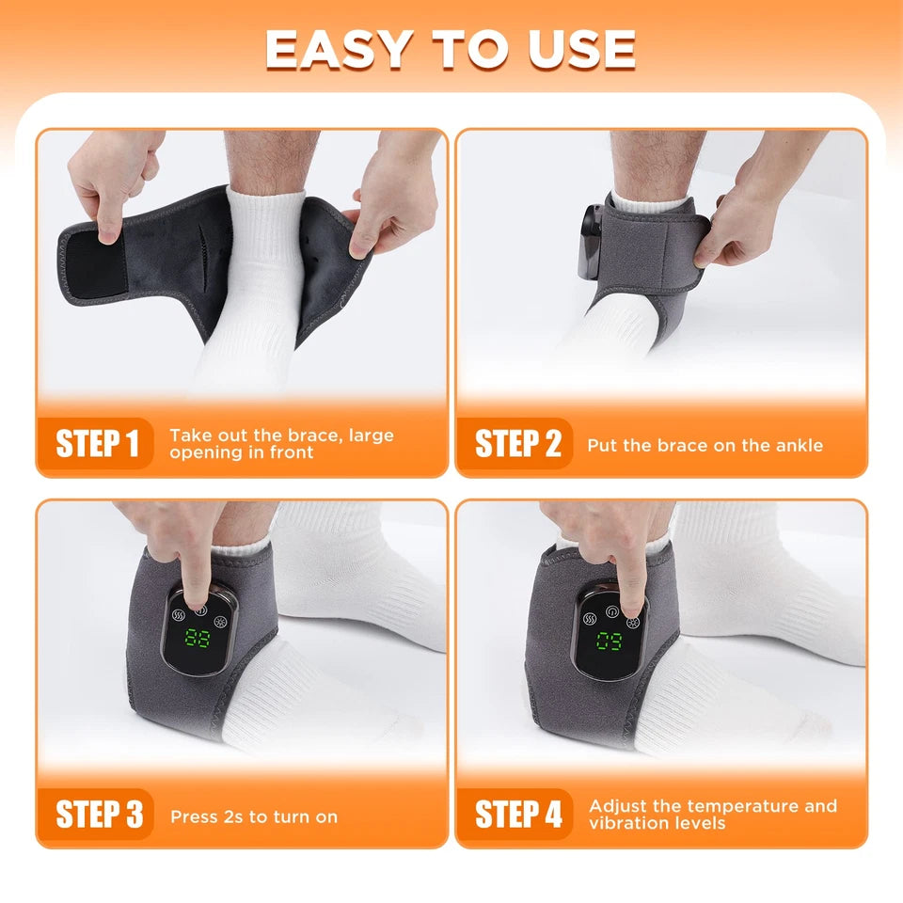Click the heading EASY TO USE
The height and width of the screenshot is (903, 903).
click(451, 49)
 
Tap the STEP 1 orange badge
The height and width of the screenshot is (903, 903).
click(97, 443)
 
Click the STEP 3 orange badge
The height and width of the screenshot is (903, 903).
click(97, 815)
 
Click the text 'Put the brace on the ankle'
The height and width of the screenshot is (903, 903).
click(705, 445)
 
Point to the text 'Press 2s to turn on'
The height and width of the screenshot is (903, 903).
click(254, 816)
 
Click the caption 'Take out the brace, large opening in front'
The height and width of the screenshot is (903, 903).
click(281, 443)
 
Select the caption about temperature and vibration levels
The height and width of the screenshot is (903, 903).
click(712, 815)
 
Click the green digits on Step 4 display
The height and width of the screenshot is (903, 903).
click(610, 643)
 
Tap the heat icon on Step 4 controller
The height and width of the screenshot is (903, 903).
click(591, 619)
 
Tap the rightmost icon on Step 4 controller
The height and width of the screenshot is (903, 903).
click(632, 622)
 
